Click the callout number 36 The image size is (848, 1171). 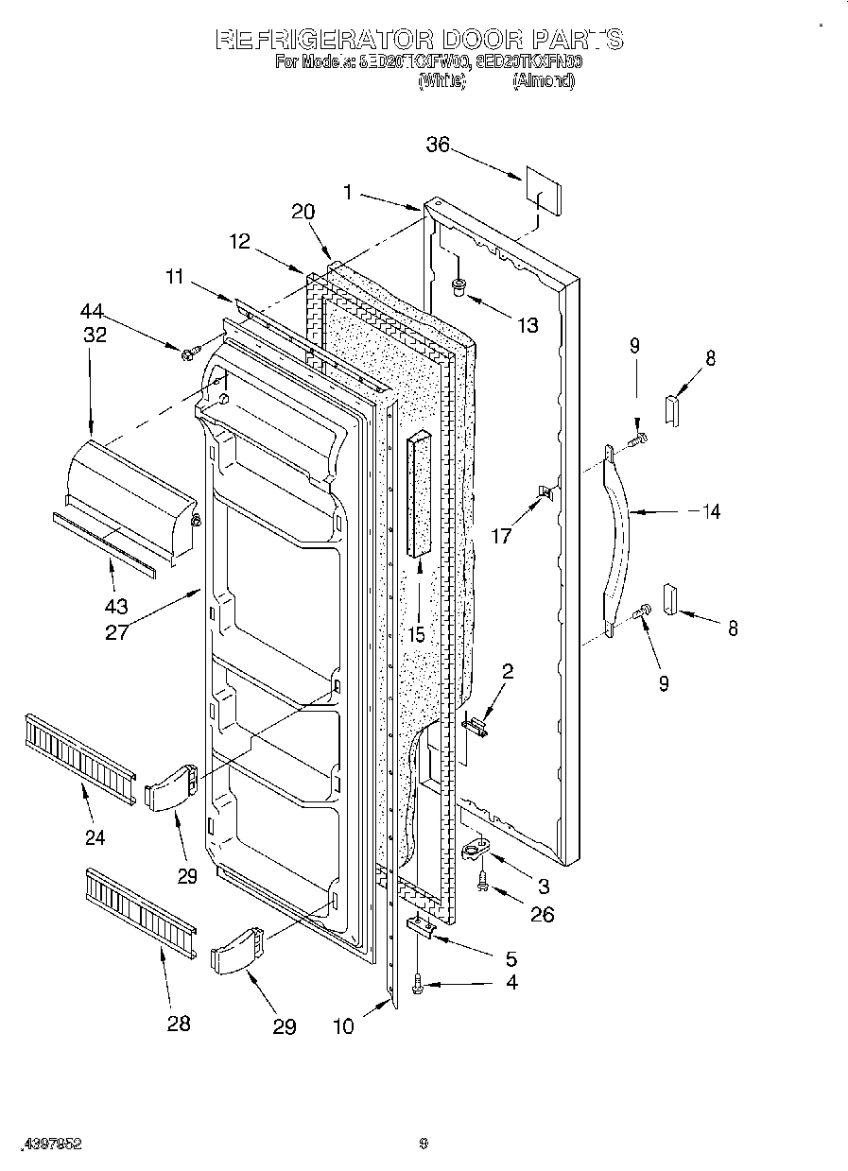coord(437,145)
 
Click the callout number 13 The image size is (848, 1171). coord(528,325)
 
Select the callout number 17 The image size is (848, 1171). coord(501,536)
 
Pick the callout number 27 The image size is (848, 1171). coord(117,631)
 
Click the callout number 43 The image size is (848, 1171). coord(117,606)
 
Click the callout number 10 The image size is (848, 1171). coord(344,1025)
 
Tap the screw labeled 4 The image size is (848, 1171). coord(419,988)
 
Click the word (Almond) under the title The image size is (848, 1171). coord(543,80)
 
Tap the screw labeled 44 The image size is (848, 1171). coord(190,353)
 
